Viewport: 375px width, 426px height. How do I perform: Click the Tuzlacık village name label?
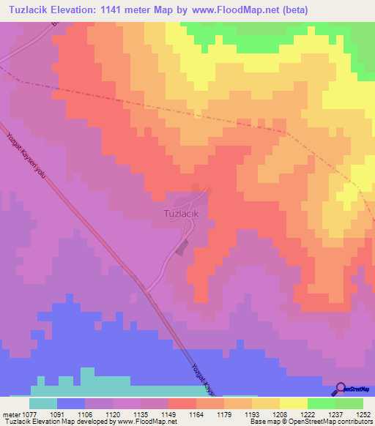point(179,214)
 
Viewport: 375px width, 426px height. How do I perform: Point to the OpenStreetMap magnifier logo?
point(341,388)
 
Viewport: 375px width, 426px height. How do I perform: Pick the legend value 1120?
point(113,414)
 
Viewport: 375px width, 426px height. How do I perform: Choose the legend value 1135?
point(139,414)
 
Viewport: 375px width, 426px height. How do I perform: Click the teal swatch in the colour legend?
point(43,403)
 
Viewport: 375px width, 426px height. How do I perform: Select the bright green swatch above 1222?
point(322,403)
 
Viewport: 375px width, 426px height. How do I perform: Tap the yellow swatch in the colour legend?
point(294,403)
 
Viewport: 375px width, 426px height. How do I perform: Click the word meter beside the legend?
point(12,414)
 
